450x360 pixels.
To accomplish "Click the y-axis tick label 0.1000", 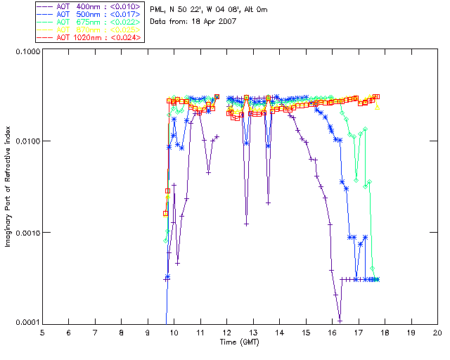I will [x=26, y=51].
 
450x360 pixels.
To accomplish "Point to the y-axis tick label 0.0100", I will [x=26, y=141].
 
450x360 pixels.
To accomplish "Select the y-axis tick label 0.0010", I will [x=26, y=232].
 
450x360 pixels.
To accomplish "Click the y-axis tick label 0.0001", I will [x=26, y=322].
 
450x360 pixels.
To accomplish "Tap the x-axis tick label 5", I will [x=42, y=332].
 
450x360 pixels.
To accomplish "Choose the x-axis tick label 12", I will [x=226, y=332].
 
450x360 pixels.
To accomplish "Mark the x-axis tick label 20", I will [x=437, y=332].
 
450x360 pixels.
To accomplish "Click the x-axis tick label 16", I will [x=332, y=332].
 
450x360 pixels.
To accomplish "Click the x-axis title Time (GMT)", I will [x=240, y=342].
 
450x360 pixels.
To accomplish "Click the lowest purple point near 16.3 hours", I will [x=340, y=320].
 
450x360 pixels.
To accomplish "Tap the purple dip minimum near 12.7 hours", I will [x=246, y=224].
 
